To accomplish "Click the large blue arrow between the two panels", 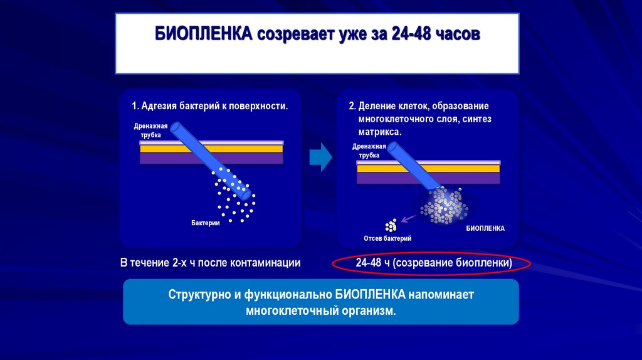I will [x=321, y=156].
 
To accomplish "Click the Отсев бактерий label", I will [x=387, y=238].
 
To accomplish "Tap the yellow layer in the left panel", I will [x=212, y=149].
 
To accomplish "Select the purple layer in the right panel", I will [x=428, y=178].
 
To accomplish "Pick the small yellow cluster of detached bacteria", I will [x=391, y=225].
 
